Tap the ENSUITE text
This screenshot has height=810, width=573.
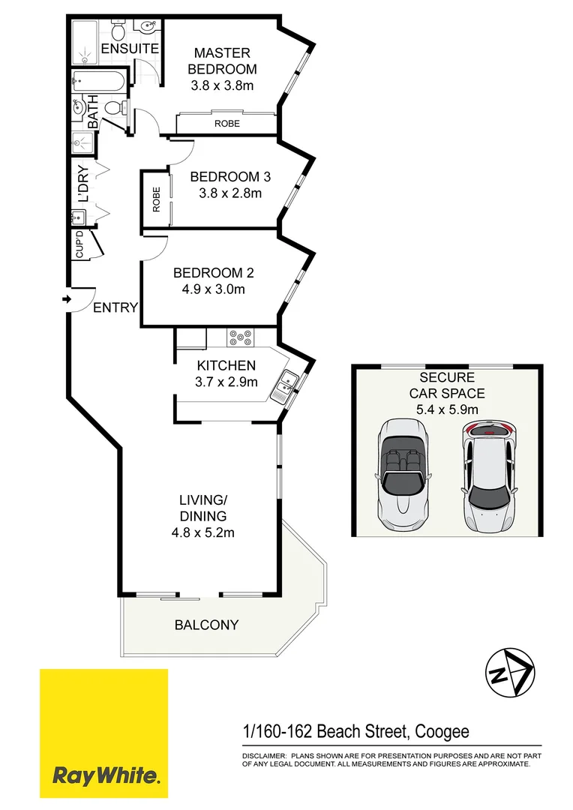pyautogui.click(x=130, y=49)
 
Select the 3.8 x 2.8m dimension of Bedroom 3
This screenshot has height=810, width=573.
pyautogui.click(x=229, y=193)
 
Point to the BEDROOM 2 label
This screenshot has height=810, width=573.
pyautogui.click(x=208, y=273)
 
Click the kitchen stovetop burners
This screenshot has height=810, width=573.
pyautogui.click(x=241, y=338)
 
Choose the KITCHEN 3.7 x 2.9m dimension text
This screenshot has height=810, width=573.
pyautogui.click(x=226, y=382)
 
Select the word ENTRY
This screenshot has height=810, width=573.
pyautogui.click(x=116, y=307)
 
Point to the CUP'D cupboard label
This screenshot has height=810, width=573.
pyautogui.click(x=79, y=246)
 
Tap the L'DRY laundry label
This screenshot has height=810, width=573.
pyautogui.click(x=83, y=188)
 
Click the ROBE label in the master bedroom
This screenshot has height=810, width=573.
pyautogui.click(x=226, y=123)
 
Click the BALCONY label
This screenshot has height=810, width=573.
pyautogui.click(x=206, y=624)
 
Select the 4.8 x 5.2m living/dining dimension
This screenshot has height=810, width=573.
pyautogui.click(x=202, y=533)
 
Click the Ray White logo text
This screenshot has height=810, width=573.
pyautogui.click(x=106, y=775)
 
